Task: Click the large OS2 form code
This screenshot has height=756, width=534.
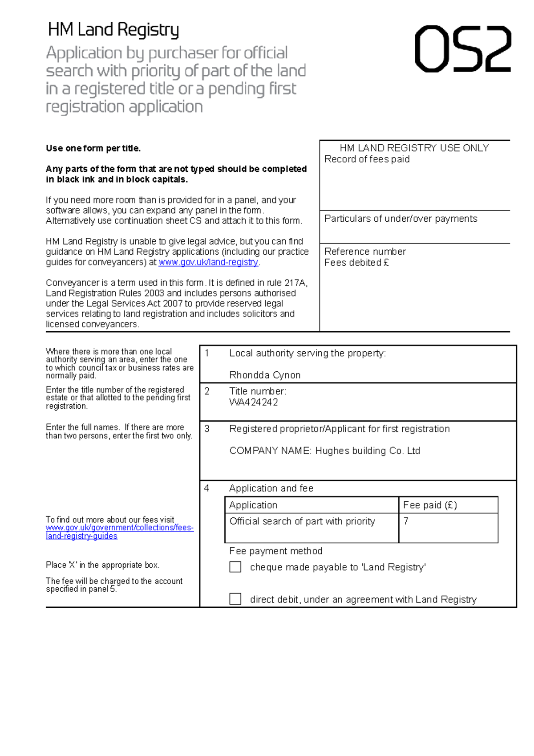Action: (463, 49)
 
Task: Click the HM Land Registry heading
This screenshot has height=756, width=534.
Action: (113, 30)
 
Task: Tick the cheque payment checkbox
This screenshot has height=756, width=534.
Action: (235, 567)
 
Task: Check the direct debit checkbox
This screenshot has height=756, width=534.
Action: (235, 599)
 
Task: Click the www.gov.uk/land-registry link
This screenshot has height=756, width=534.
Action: (208, 262)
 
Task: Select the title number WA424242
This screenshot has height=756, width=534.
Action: (254, 402)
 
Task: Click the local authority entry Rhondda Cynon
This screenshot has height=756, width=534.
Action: (265, 375)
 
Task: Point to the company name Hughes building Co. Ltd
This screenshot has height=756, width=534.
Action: (324, 451)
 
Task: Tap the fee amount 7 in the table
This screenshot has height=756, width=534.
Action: (406, 521)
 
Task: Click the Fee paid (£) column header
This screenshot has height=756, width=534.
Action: (430, 505)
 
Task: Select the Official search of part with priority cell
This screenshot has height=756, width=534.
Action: (302, 521)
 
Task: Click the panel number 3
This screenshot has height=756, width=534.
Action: (207, 429)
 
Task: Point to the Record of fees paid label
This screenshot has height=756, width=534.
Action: (367, 159)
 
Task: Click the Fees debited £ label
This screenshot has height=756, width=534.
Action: (356, 263)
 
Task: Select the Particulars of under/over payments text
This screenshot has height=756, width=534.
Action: (400, 219)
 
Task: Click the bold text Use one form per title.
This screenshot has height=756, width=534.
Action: (93, 148)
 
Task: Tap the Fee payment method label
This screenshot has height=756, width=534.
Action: (275, 551)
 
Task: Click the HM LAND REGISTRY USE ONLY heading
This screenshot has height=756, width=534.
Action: (414, 148)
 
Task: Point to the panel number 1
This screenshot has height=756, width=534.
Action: (207, 353)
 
